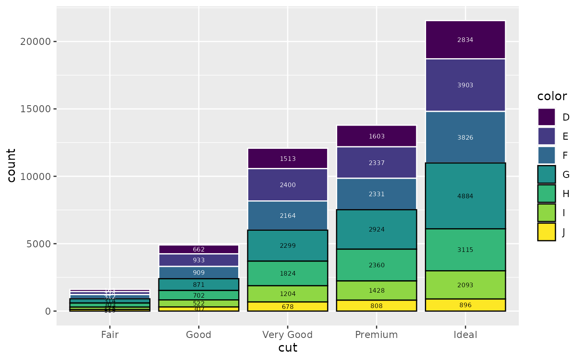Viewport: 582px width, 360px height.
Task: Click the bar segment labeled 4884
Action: coord(465,196)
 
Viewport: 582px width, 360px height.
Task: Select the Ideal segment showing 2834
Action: coord(465,40)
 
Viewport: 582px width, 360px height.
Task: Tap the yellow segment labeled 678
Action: coord(288,307)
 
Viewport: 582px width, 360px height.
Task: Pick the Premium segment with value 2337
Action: coord(377,163)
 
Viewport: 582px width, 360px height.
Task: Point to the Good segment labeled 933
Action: coord(199,260)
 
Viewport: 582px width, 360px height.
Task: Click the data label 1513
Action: coord(288,158)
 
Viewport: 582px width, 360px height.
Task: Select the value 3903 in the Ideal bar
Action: coord(465,85)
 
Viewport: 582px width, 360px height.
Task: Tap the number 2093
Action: coord(465,285)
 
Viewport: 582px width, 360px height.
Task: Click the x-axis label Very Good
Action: coord(288,335)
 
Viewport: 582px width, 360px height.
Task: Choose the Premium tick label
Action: coord(377,335)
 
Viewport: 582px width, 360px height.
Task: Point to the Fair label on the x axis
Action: coord(110,335)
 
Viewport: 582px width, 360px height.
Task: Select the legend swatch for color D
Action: coord(547,117)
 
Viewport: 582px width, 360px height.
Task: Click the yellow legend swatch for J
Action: coord(547,232)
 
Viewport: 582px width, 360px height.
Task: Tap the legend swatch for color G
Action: coord(547,175)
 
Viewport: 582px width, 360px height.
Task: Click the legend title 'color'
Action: coord(552,96)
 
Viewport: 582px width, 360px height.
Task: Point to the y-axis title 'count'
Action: coord(12,165)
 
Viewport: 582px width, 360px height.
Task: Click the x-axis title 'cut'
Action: coord(288,348)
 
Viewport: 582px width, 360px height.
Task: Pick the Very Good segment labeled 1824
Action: coord(288,274)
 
